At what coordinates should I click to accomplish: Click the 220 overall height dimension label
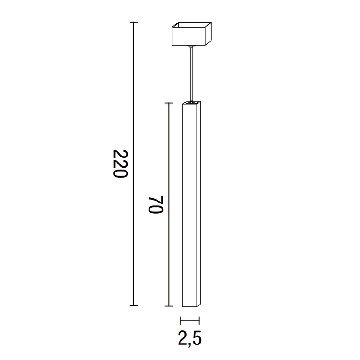click(x=120, y=164)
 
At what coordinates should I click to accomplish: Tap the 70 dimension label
click(x=156, y=204)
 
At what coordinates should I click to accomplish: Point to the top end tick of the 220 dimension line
click(x=134, y=22)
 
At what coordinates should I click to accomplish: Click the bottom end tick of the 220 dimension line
click(x=134, y=305)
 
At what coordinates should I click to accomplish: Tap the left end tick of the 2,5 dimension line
click(x=181, y=321)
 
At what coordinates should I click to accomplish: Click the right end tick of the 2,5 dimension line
click(x=199, y=321)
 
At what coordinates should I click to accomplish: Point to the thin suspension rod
click(x=191, y=73)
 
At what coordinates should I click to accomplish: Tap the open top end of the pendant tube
click(x=192, y=102)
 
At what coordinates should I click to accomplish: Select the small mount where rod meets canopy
click(x=191, y=47)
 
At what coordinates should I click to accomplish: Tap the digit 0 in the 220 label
click(x=120, y=155)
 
